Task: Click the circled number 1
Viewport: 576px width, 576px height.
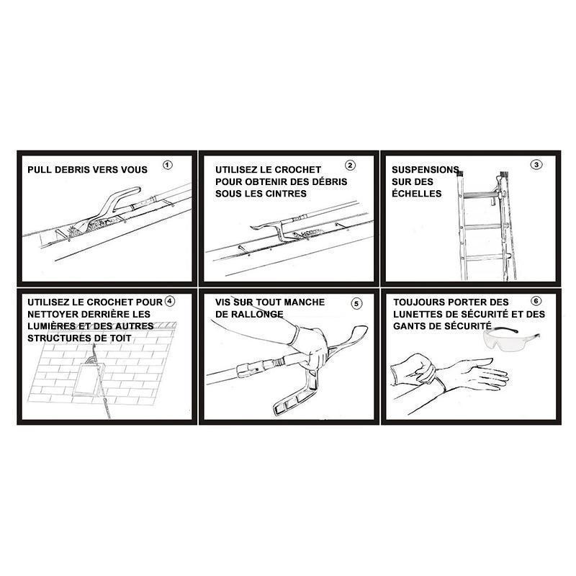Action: (x=168, y=166)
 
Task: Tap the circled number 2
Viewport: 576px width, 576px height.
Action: (x=350, y=166)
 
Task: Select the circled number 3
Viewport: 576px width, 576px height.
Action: (x=536, y=165)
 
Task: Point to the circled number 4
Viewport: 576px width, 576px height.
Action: (x=170, y=301)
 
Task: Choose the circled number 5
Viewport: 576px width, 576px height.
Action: (x=356, y=303)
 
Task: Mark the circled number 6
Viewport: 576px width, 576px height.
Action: (x=536, y=301)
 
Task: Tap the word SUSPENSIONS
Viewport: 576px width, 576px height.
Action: (x=426, y=170)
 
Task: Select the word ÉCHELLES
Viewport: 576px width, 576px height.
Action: (x=417, y=193)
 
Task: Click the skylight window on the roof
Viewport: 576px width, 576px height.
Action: (x=88, y=379)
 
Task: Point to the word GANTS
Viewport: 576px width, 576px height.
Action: (x=408, y=326)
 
